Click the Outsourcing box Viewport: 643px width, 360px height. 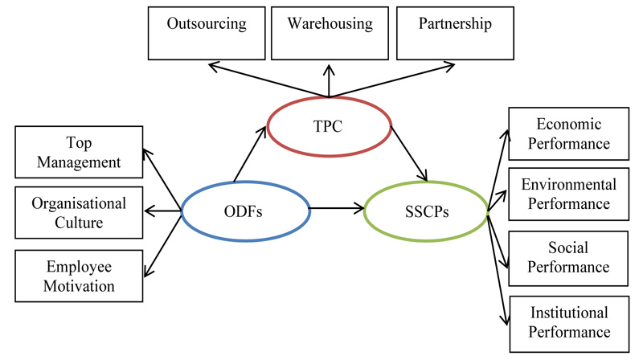[207, 32]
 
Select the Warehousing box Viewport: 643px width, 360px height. [330, 32]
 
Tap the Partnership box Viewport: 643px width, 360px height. [455, 32]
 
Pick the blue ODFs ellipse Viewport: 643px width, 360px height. [245, 212]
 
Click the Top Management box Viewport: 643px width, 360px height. [79, 153]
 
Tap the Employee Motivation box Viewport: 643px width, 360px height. [79, 275]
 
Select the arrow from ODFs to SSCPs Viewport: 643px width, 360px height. [336, 211]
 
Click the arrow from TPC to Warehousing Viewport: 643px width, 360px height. [329, 80]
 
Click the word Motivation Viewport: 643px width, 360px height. [79, 285]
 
